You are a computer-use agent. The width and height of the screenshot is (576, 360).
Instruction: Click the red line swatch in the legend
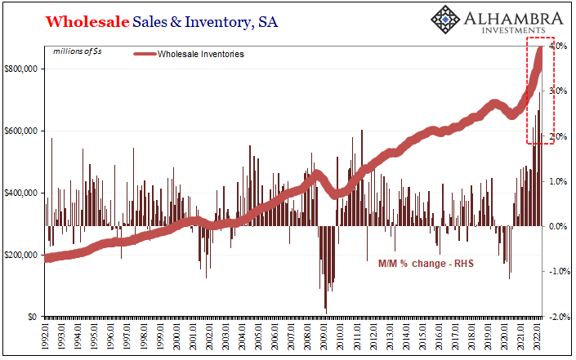(x=154, y=55)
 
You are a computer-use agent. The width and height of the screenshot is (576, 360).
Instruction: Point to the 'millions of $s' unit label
(x=78, y=51)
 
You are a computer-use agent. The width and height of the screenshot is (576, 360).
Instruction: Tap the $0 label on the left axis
(x=33, y=316)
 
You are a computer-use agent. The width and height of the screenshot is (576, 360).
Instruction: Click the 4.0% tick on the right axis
(x=559, y=46)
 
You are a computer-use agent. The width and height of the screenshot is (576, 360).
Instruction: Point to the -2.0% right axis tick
(x=558, y=316)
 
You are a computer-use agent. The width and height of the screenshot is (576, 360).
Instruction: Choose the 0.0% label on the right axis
(x=559, y=226)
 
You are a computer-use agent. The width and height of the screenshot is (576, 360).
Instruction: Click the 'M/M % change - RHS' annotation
(x=426, y=264)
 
